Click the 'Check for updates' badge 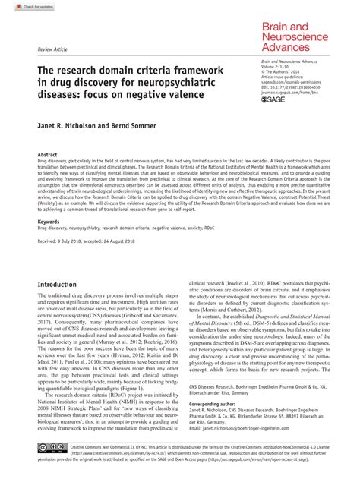[22, 6]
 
